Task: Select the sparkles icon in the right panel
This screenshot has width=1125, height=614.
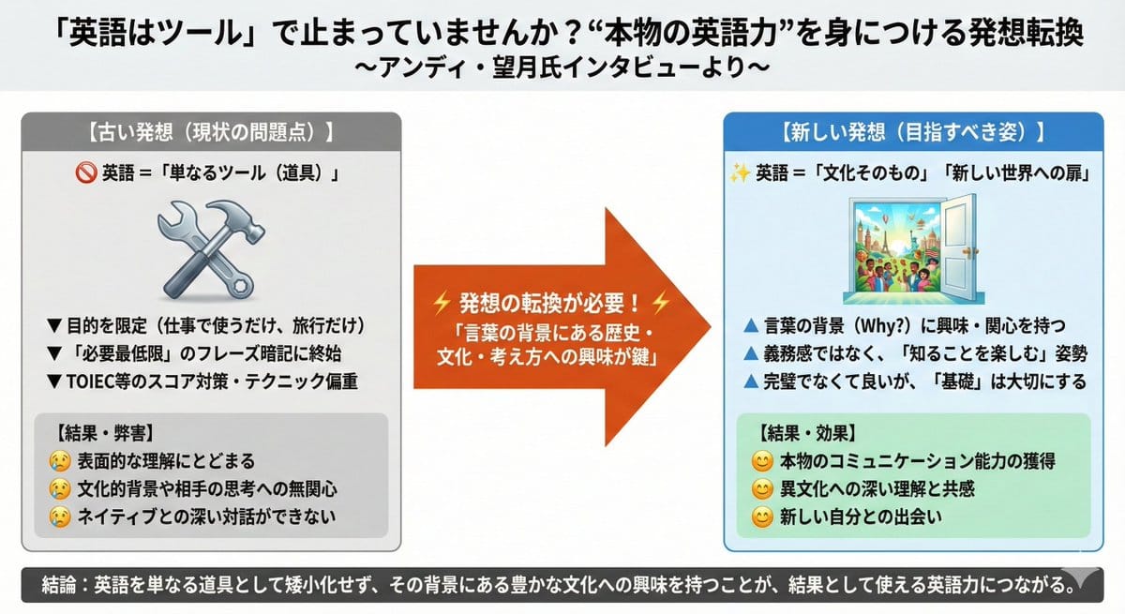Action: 740,173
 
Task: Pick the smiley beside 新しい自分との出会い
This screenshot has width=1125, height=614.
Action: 761,517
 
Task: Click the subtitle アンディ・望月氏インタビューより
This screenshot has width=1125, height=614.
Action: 562,67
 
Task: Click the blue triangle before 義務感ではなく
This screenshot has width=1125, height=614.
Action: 749,353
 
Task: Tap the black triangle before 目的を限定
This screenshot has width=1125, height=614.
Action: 54,326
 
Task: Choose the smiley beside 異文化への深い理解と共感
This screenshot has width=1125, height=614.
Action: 761,488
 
